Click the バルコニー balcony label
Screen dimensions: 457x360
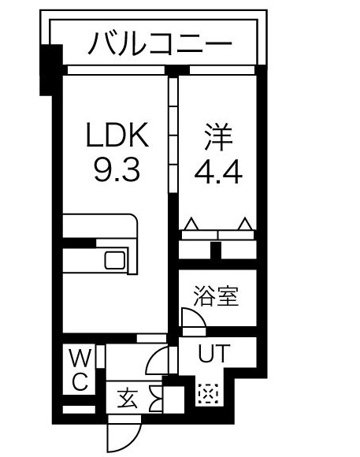(159, 41)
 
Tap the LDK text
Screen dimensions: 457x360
(116, 137)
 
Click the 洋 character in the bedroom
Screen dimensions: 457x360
(217, 137)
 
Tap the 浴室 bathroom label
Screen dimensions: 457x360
(216, 298)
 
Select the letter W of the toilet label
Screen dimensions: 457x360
(80, 359)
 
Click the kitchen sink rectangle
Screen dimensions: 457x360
(115, 259)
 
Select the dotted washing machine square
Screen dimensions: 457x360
(207, 392)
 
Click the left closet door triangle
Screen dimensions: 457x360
(190, 226)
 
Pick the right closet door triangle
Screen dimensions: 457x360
(246, 226)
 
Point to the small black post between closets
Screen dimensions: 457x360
(217, 249)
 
